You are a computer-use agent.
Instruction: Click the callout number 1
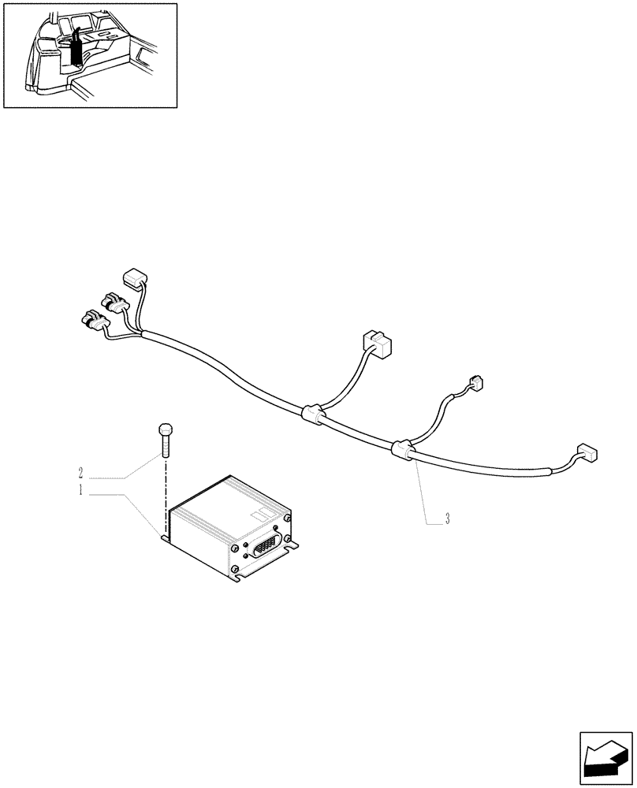point(80,491)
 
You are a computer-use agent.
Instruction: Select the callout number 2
point(80,474)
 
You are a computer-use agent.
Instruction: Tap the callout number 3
point(447,519)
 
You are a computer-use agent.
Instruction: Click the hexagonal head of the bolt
point(166,431)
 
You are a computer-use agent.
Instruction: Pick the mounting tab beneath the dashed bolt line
point(165,538)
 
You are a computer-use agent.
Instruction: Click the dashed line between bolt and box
point(166,496)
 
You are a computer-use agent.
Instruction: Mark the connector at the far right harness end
point(587,452)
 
